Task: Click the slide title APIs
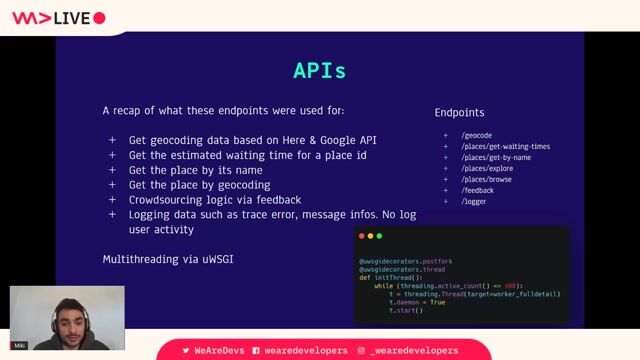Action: pyautogui.click(x=319, y=71)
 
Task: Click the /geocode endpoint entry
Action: pyautogui.click(x=477, y=135)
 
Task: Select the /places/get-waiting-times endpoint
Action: pyautogui.click(x=505, y=146)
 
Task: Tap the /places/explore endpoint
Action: pyautogui.click(x=487, y=168)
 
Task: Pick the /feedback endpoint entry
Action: pyautogui.click(x=478, y=190)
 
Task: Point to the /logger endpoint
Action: pyautogui.click(x=475, y=201)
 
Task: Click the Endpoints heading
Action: pyautogui.click(x=460, y=113)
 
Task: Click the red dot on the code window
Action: pyautogui.click(x=364, y=236)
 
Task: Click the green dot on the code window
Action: pyautogui.click(x=380, y=236)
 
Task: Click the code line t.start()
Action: pyautogui.click(x=406, y=310)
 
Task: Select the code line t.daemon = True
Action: pyautogui.click(x=419, y=302)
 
